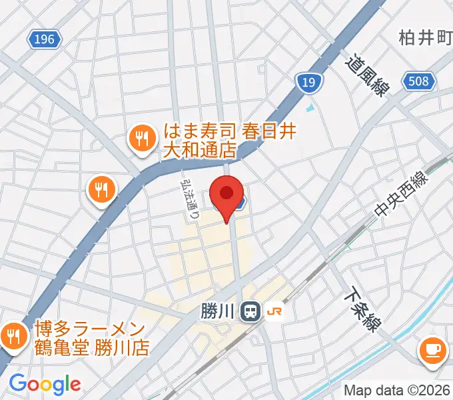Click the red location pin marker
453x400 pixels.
[226, 195]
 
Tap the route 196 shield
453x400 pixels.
[44, 40]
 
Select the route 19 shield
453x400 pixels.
[308, 83]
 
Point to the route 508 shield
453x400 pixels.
[420, 81]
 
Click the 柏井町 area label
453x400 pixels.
[426, 38]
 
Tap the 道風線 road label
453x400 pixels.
[366, 75]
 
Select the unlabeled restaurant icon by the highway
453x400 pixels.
[101, 189]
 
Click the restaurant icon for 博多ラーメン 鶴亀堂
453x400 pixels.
[13, 335]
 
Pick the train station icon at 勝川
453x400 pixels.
[250, 311]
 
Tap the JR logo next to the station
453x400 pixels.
[274, 311]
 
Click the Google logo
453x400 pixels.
[45, 383]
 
